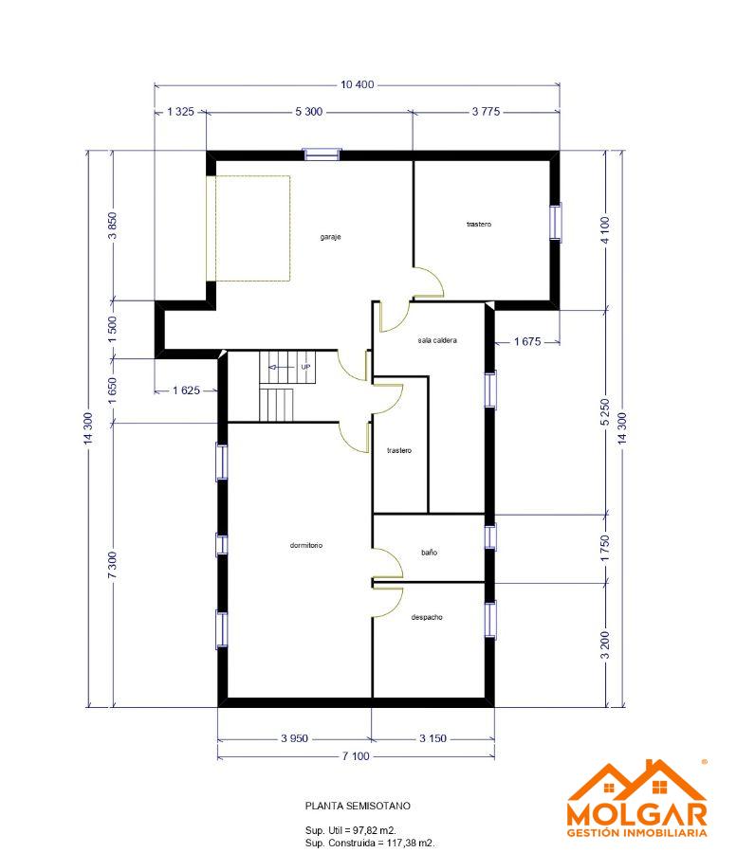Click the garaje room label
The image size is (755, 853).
[x=330, y=237]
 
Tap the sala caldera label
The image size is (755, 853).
[x=437, y=340]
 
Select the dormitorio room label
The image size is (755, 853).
[x=306, y=545]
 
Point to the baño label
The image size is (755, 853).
[x=429, y=553]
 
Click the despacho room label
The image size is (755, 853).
[x=427, y=617]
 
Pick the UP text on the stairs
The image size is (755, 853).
[x=306, y=367]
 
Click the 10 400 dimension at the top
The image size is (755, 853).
[x=357, y=84]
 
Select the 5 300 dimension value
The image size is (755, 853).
[x=308, y=112]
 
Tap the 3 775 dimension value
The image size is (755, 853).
[x=486, y=112]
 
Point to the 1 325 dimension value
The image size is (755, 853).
[x=180, y=112]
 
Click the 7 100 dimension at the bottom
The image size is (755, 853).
[x=356, y=756]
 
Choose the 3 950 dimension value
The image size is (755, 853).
[x=294, y=738]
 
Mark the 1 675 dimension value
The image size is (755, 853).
[x=527, y=341]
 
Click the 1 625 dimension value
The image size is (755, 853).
[x=186, y=390]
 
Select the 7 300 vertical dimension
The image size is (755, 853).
[x=112, y=565]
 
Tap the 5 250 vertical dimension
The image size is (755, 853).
[x=605, y=413]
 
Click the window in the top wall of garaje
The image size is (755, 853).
[x=322, y=154]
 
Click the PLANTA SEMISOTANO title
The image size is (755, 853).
[x=358, y=807]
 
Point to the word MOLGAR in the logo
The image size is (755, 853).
[x=636, y=814]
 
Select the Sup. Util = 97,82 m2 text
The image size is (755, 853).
[x=351, y=830]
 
